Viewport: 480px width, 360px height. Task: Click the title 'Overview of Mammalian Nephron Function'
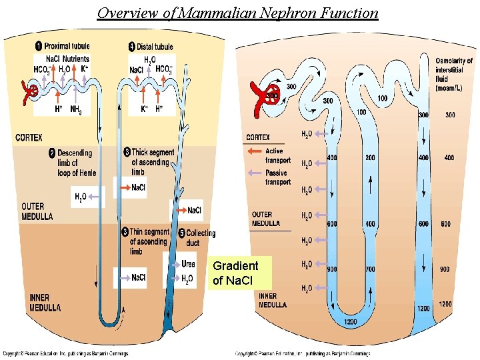point(237,13)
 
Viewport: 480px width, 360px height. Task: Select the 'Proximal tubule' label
point(67,46)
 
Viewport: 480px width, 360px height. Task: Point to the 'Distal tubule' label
point(155,47)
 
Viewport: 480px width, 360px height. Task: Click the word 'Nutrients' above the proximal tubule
point(76,59)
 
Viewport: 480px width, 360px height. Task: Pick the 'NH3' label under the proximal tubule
point(76,110)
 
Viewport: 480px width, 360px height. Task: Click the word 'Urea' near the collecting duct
point(188,264)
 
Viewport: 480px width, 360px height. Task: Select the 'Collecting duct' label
point(201,238)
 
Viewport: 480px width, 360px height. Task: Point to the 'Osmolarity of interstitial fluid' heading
point(454,74)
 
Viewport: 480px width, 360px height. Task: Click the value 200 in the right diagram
point(370,158)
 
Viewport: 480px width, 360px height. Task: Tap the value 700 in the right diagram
point(370,269)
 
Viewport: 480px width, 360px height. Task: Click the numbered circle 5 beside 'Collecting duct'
point(182,233)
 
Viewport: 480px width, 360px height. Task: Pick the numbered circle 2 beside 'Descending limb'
point(51,153)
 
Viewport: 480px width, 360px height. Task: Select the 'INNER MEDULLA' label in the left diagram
point(45,303)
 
